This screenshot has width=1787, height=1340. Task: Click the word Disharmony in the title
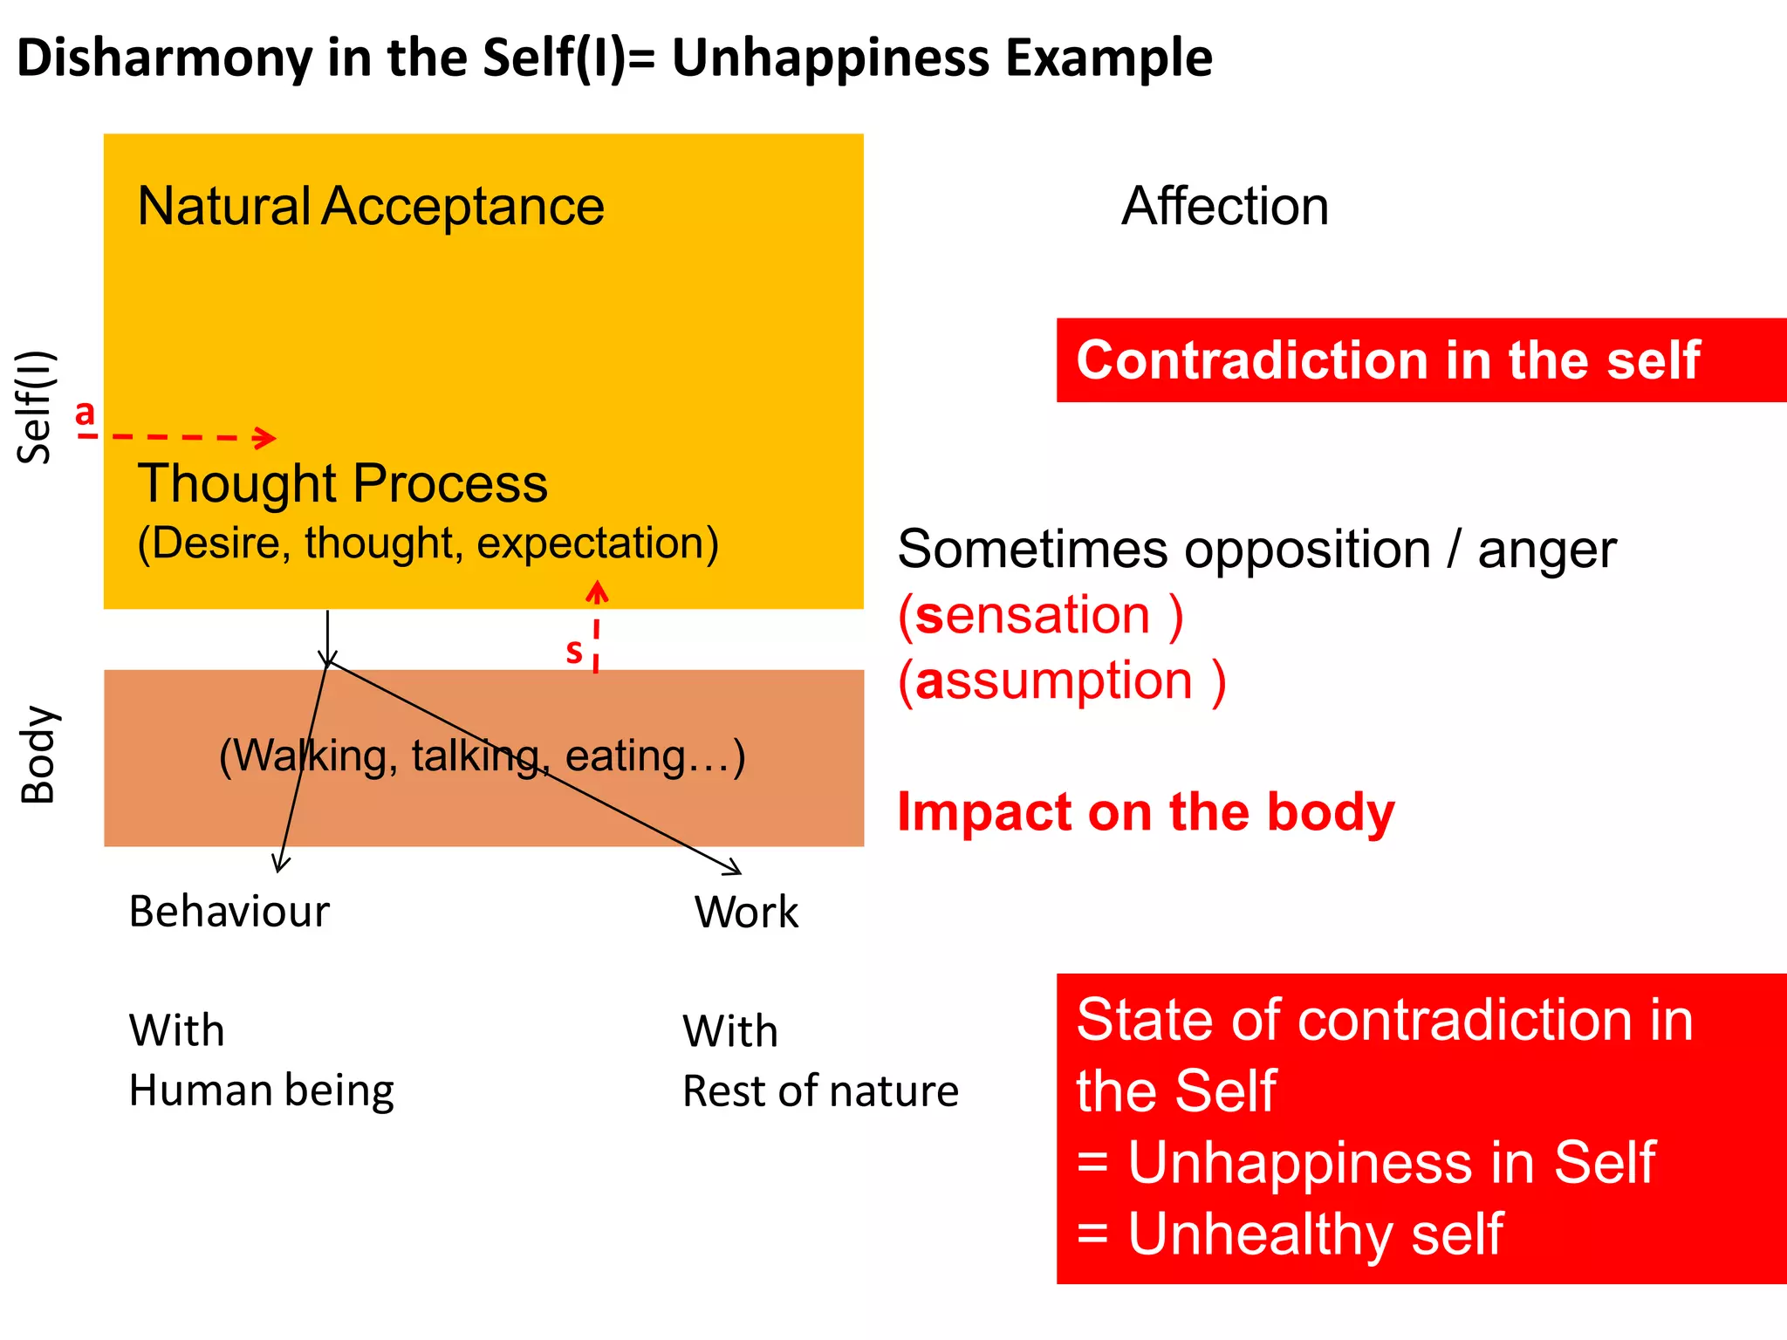[x=164, y=59]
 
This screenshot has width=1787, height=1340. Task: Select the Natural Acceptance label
[x=371, y=207]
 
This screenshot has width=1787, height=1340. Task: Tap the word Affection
[x=1225, y=207]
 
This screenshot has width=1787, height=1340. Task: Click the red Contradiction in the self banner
[x=1421, y=360]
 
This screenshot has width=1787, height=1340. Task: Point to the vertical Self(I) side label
[x=37, y=407]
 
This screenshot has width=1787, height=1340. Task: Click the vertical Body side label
[x=38, y=755]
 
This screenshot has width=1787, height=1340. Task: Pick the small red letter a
[x=85, y=413]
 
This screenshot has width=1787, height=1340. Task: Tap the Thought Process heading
[x=343, y=483]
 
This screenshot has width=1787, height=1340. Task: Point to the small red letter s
[x=574, y=651]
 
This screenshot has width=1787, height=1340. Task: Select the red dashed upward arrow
[x=597, y=626]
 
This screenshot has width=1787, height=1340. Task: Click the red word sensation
[x=1033, y=616]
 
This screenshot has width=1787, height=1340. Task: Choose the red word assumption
[x=1054, y=681]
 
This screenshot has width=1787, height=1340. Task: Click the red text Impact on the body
[x=1146, y=812]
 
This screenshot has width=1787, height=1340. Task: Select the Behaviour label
[x=229, y=912]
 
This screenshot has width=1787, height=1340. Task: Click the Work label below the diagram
[x=746, y=913]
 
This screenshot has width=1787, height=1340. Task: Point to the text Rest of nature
[x=820, y=1091]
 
